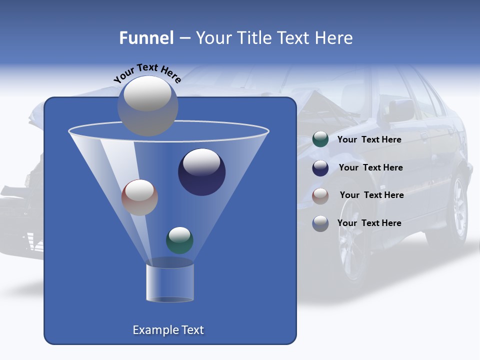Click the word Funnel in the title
click(x=146, y=38)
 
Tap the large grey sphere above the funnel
click(x=147, y=105)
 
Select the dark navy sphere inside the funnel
click(x=201, y=172)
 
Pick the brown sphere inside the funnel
click(x=139, y=197)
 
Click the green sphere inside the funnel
click(x=179, y=240)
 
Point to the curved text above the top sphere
click(x=147, y=73)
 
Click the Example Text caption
click(x=168, y=330)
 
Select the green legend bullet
click(x=320, y=139)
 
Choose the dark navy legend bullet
click(x=320, y=168)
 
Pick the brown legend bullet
click(x=320, y=195)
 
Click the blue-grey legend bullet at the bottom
click(x=320, y=223)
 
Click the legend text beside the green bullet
click(x=369, y=139)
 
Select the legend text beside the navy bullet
click(x=370, y=167)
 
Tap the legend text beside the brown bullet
click(x=371, y=195)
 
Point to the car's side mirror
click(x=400, y=109)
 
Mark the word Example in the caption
click(x=151, y=330)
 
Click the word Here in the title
click(x=335, y=38)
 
